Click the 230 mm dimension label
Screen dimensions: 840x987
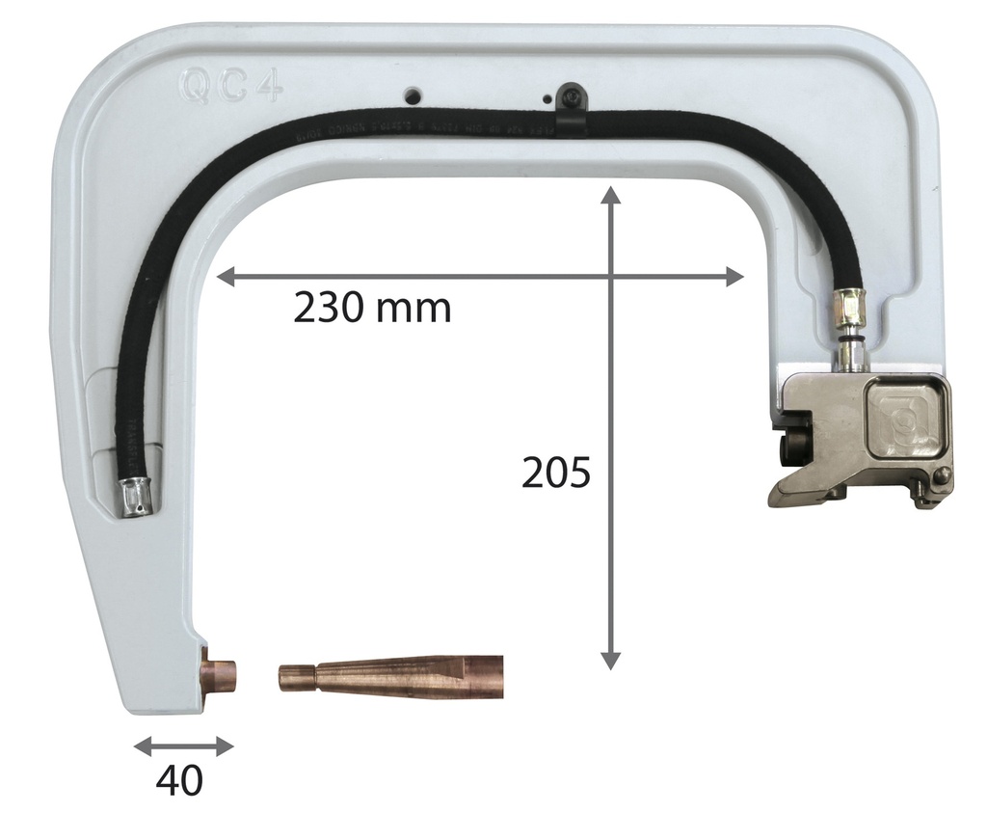[x=372, y=308]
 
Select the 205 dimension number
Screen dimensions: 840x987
[x=554, y=474]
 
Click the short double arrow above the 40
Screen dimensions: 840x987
[x=183, y=745]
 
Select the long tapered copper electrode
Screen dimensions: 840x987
[x=390, y=676]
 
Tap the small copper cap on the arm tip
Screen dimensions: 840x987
[x=219, y=673]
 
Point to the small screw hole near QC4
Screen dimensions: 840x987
[x=413, y=95]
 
